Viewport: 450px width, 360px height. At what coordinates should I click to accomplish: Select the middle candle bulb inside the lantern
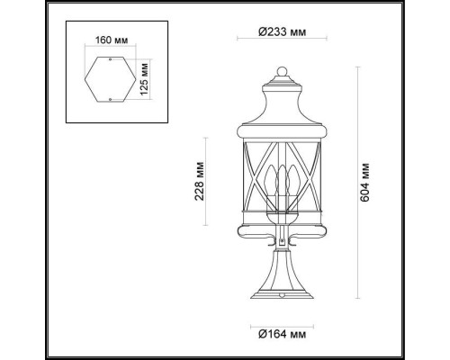tap(281, 175)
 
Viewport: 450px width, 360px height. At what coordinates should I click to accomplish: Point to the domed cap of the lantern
tap(281, 94)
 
